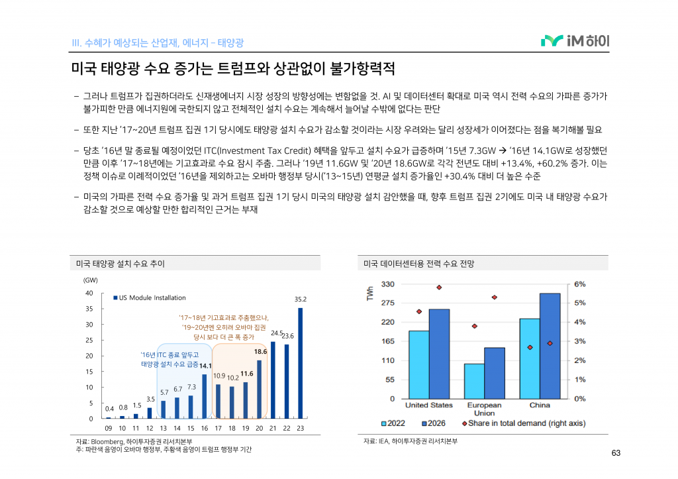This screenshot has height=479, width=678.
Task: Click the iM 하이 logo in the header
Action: coord(575,41)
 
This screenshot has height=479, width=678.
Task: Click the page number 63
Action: coord(616,453)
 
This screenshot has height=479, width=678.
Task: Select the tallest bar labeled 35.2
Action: coord(300,363)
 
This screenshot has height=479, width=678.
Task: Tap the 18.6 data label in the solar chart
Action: coord(260,352)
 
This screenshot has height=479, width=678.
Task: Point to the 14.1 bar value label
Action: coord(205,366)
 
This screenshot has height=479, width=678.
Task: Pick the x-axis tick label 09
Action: coord(109,428)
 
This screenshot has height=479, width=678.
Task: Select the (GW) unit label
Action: coord(90,281)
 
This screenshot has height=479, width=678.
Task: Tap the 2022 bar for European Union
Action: coord(473,381)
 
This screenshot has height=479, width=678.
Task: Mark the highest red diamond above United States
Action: coord(438,288)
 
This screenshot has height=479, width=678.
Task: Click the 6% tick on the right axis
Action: coord(579,284)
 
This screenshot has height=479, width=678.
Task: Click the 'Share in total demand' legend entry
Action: coord(523,423)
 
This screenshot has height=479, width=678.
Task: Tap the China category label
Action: coord(540,405)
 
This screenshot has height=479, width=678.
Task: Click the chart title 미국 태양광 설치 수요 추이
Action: coord(121,264)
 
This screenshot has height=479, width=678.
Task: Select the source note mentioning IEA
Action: coord(411,441)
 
